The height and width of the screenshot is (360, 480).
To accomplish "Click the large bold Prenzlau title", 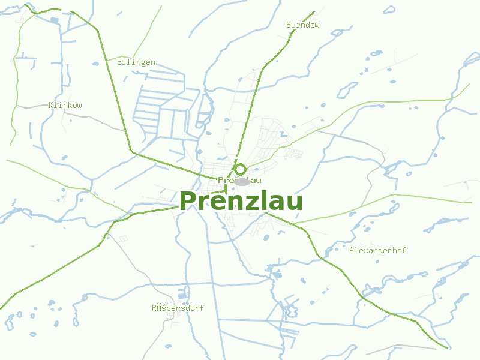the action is pyautogui.click(x=241, y=202).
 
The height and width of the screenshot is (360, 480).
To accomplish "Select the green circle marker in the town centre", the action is pyautogui.click(x=240, y=169).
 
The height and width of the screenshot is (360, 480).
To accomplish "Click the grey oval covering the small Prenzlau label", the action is pyautogui.click(x=242, y=181).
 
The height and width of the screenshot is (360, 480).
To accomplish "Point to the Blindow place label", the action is pyautogui.click(x=302, y=25).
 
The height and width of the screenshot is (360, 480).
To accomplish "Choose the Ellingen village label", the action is pyautogui.click(x=136, y=62).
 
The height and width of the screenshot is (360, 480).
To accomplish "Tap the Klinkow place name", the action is pyautogui.click(x=65, y=105).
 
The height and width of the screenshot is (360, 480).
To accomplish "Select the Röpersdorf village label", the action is pyautogui.click(x=178, y=308).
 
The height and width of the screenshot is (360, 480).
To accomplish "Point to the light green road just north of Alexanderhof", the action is pyautogui.click(x=384, y=197).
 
